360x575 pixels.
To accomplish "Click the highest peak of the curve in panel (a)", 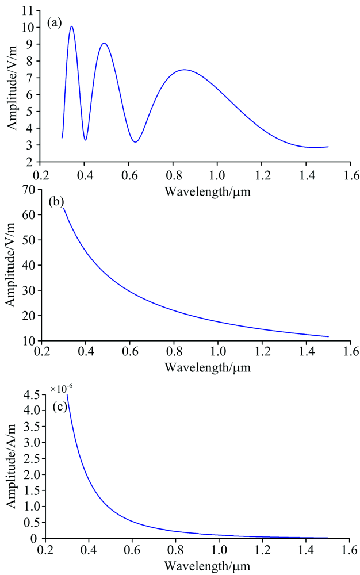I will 71,26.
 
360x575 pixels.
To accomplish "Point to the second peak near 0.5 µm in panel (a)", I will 104,43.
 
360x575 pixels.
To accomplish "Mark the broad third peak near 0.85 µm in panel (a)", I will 185,70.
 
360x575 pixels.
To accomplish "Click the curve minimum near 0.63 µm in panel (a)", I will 135,142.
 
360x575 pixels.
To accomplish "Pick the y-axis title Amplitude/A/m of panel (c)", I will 11,466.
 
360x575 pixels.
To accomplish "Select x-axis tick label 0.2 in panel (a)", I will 40,173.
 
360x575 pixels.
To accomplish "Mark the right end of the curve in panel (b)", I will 328,336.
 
